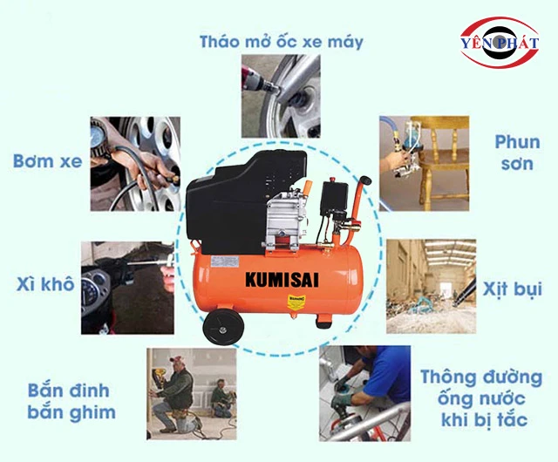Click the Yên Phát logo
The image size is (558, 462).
click(500, 43)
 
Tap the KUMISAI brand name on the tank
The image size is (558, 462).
click(282, 280)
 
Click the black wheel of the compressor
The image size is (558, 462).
click(223, 327)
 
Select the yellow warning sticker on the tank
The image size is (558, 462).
click(296, 302)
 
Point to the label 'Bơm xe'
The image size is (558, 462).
click(47, 161)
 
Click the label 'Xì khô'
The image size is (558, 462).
click(45, 283)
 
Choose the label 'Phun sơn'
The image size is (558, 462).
click(517, 153)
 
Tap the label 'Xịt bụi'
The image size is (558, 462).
click(512, 289)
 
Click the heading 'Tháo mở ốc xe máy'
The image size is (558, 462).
click(281, 42)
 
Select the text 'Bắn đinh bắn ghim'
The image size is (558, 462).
click(71, 402)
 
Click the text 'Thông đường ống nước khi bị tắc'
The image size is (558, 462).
click(481, 398)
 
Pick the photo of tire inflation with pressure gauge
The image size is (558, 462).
click(135, 164)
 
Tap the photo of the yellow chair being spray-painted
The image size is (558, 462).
click(424, 163)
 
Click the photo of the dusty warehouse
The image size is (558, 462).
click(432, 286)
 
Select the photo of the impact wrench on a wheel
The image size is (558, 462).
click(281, 96)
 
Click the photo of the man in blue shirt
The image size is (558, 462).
click(364, 393)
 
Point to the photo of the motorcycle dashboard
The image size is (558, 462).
click(127, 288)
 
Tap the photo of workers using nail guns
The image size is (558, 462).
click(192, 394)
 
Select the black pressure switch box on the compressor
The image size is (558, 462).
click(334, 198)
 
